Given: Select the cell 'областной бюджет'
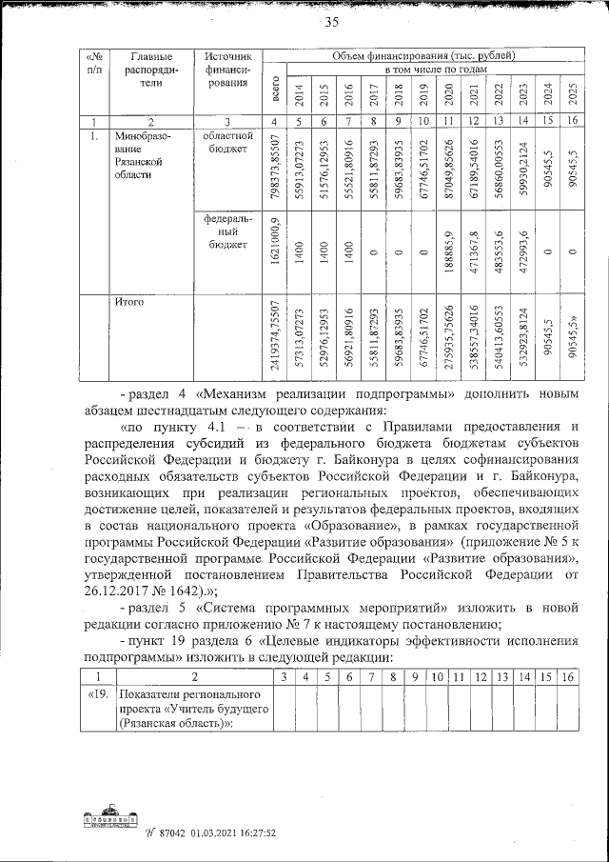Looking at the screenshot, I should [226, 143].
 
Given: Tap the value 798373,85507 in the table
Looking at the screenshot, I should [275, 168].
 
